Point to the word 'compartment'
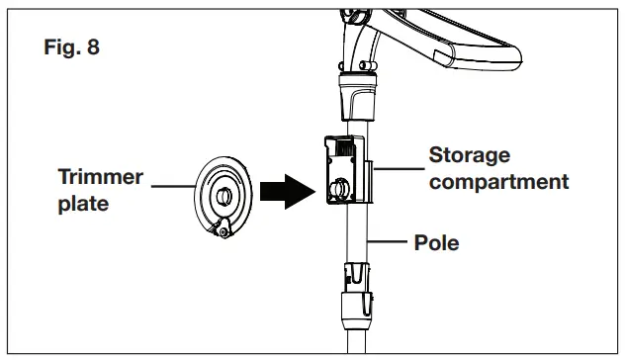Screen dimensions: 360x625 498,181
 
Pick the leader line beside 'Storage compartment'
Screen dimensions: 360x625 396,168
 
